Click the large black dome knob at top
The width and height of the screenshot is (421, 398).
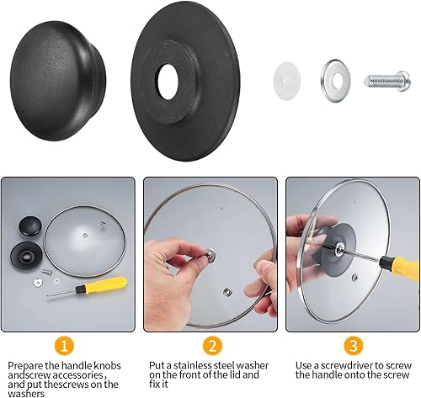tap(58, 81)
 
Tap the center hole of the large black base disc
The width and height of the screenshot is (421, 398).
tap(168, 81)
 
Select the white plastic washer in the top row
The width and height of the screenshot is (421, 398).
tap(287, 81)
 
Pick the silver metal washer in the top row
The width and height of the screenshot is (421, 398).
tap(336, 81)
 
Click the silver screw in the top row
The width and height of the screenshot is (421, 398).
tap(387, 81)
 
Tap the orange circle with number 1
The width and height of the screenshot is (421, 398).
tap(65, 346)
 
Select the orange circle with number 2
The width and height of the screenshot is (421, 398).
tap(212, 346)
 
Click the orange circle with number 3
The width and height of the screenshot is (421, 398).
tap(354, 346)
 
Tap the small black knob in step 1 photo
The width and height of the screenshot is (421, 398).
tap(30, 226)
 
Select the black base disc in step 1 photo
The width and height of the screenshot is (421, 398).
tap(26, 255)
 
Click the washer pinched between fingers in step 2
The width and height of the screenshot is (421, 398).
tap(210, 254)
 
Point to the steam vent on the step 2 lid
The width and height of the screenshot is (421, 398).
tap(227, 292)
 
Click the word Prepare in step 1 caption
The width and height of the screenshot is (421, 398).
tap(25, 366)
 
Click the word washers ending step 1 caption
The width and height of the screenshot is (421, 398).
tap(26, 394)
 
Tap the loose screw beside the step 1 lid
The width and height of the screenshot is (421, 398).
tap(47, 272)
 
